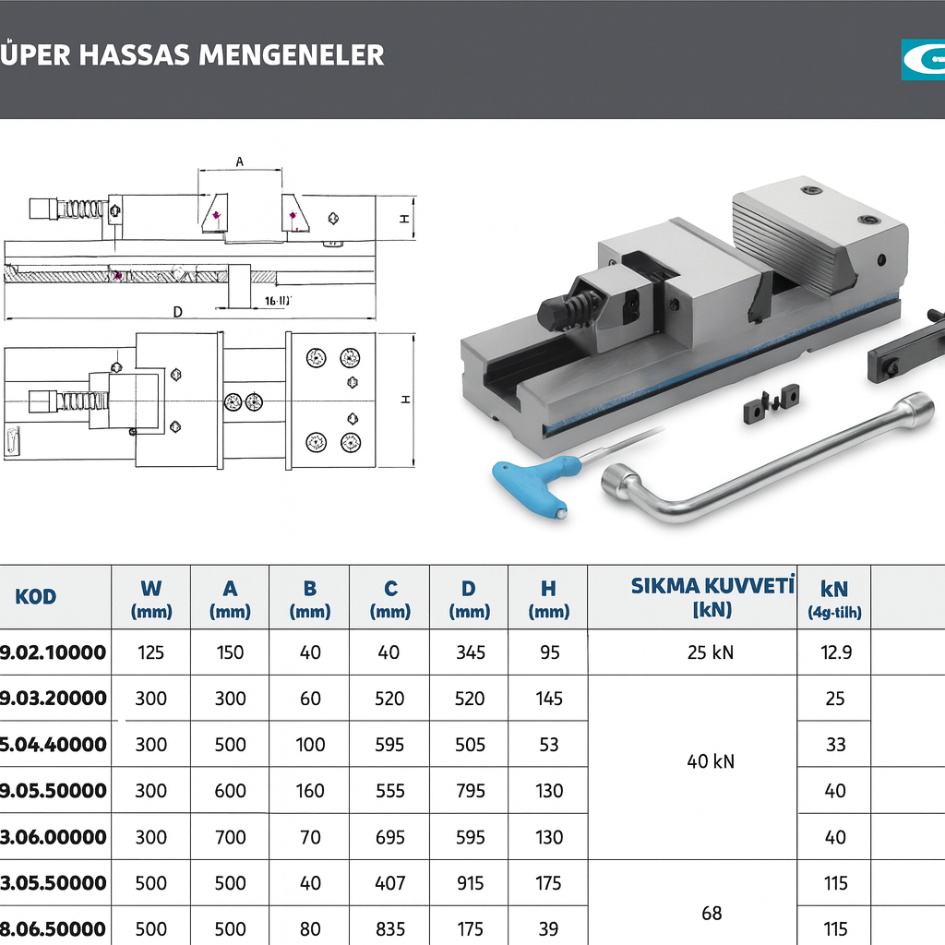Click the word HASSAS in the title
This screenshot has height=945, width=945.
pos(138,54)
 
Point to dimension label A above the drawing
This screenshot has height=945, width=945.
pos(240,161)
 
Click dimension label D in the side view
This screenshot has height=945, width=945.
pos(177,313)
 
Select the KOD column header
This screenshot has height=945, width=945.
pos(36,596)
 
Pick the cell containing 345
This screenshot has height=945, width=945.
pos(470,652)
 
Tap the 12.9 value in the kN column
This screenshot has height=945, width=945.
pos(835,652)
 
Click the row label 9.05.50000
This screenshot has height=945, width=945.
pos(53,791)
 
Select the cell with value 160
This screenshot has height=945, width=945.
pos(310,791)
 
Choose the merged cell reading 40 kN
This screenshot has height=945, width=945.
pos(711,762)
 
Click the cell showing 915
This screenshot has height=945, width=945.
pos(470,883)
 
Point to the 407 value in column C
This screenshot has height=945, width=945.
pos(389,883)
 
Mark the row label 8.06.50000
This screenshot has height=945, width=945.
pos(53,928)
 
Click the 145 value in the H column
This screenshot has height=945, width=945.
pos(548,699)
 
